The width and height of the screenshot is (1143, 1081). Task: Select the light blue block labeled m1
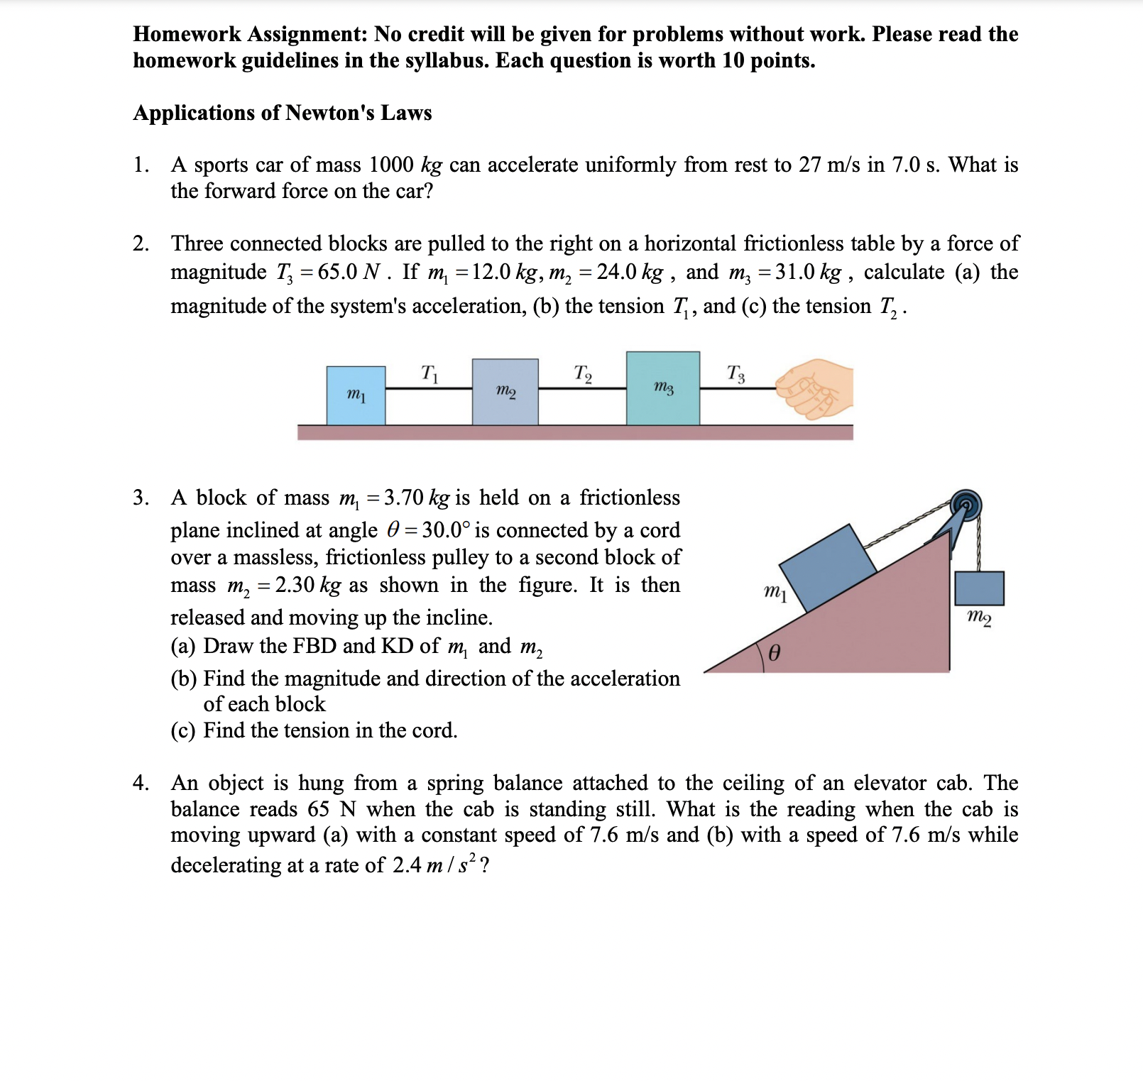click(356, 395)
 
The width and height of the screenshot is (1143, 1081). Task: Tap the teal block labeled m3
click(662, 388)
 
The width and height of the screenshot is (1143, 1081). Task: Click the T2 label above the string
click(583, 373)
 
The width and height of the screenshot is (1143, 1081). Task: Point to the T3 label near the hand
click(736, 373)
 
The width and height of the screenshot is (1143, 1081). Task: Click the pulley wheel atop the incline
click(966, 506)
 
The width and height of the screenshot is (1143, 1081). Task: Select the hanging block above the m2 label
click(979, 588)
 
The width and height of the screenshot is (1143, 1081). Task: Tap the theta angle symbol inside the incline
click(775, 652)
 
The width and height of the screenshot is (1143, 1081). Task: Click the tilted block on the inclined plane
click(828, 568)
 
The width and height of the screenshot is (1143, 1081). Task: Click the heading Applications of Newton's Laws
click(283, 113)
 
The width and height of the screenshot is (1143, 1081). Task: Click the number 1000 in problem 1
click(391, 165)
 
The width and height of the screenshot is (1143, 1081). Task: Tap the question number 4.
click(141, 783)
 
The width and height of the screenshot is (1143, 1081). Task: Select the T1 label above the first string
click(430, 373)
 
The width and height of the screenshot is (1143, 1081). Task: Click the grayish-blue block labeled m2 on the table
click(505, 392)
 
